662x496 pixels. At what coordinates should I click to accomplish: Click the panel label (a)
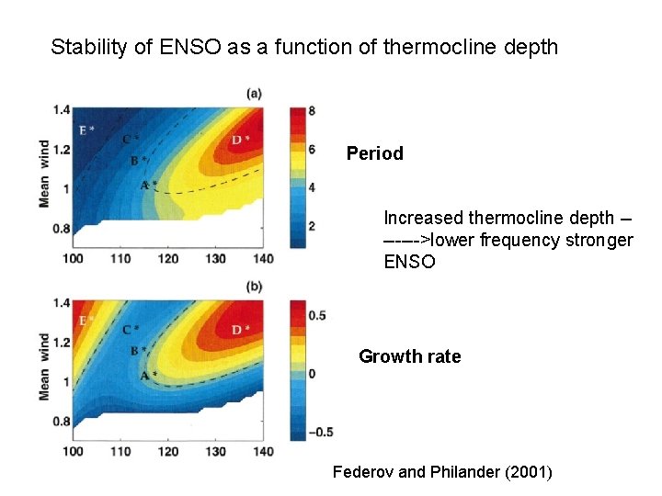(x=254, y=93)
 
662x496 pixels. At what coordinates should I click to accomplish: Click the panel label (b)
(x=254, y=287)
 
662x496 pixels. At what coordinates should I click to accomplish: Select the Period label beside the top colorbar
(x=374, y=153)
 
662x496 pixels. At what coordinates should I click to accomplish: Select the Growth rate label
(x=409, y=356)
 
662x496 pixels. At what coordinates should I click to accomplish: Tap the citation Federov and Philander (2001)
(x=442, y=472)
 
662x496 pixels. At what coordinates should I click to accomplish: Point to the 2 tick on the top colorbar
(x=313, y=226)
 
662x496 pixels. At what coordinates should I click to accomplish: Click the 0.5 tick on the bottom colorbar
(x=317, y=316)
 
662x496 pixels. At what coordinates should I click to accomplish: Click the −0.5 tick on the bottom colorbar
(x=321, y=432)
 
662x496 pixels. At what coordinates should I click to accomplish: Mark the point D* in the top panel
(x=240, y=140)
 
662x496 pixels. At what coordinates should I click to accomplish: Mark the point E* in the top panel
(x=86, y=130)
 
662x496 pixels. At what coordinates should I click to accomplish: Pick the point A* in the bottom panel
(x=148, y=376)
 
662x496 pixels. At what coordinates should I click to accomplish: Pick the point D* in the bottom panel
(x=240, y=330)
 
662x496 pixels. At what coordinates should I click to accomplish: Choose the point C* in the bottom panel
(x=131, y=330)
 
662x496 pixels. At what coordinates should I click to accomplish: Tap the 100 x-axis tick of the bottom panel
(x=73, y=451)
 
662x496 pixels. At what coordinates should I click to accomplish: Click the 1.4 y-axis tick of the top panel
(x=62, y=110)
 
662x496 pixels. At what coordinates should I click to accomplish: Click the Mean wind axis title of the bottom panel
(x=44, y=366)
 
